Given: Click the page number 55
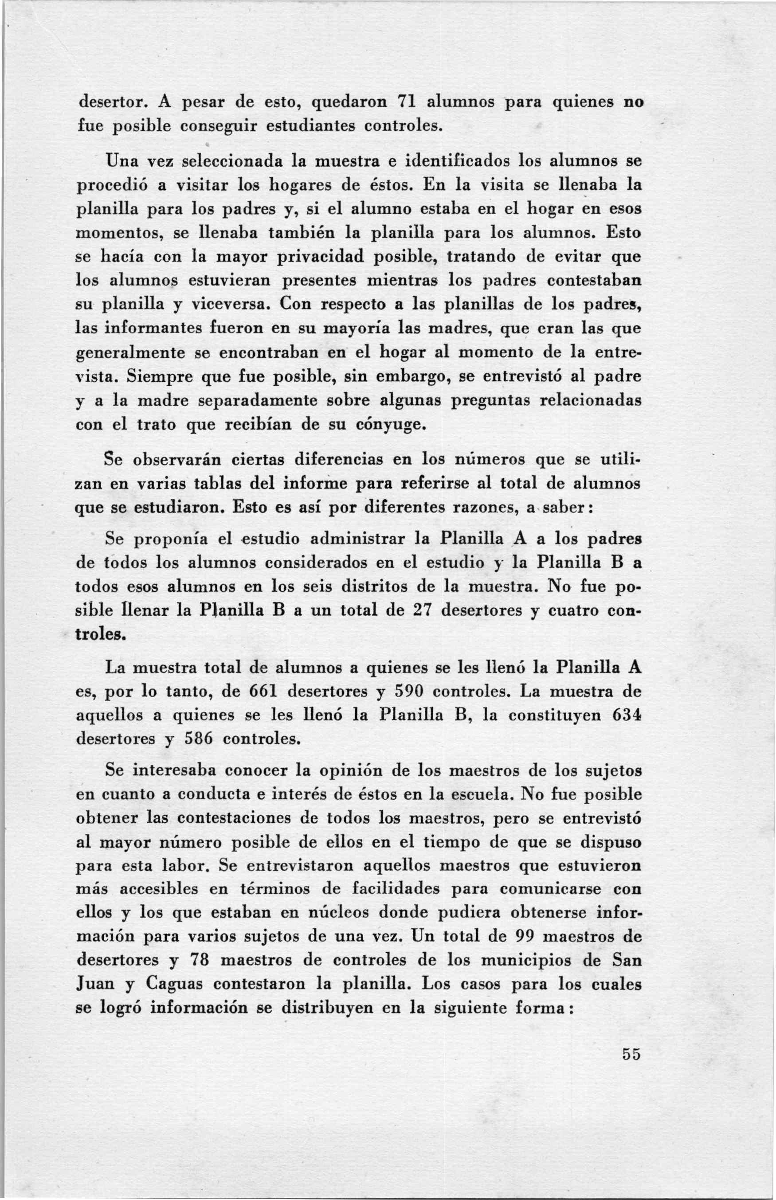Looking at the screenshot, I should click(631, 1053).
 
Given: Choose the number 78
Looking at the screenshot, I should click(199, 960).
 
